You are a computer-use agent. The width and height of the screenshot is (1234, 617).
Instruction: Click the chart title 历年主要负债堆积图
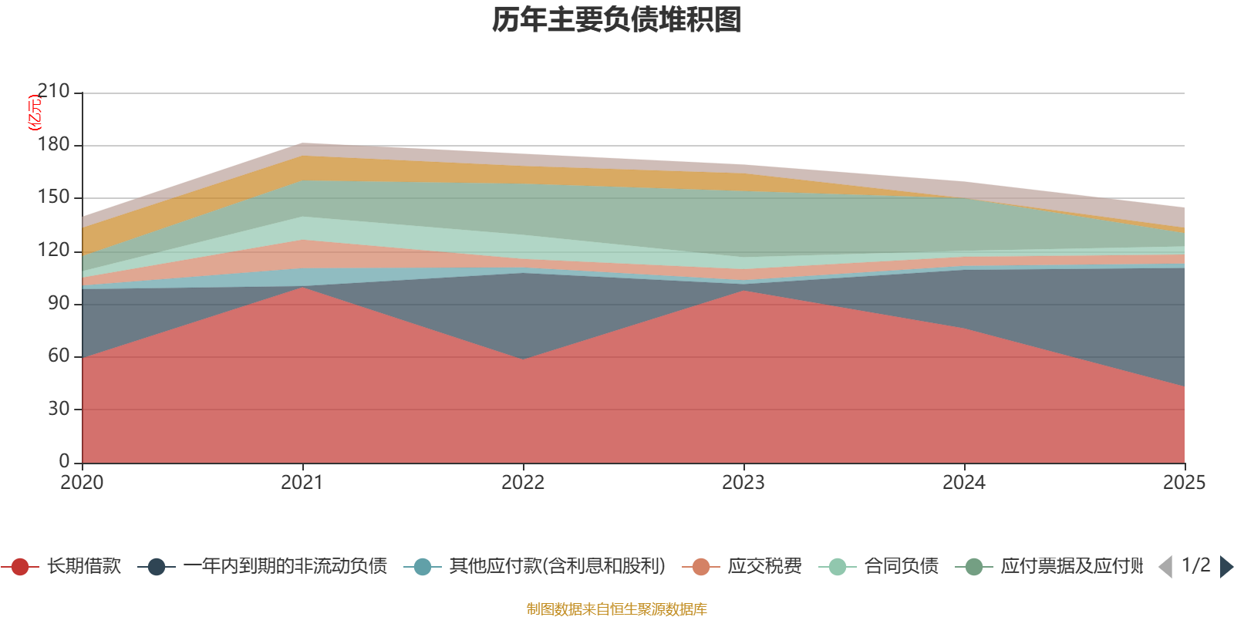pos(617,20)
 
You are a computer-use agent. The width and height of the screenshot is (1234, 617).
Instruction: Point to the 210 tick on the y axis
pos(53,92)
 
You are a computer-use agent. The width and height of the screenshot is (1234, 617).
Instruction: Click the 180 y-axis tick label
pos(53,145)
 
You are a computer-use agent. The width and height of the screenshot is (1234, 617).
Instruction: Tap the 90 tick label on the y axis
pos(59,304)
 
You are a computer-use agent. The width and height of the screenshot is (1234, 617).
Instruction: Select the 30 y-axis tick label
pos(59,409)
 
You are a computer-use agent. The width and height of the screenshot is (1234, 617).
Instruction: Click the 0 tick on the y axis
pos(64,461)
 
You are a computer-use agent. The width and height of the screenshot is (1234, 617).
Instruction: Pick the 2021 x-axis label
pos(302,483)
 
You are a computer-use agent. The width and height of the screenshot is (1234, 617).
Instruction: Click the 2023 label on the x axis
pos(743,483)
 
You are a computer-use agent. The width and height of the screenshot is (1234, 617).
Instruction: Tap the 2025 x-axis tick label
pos(1184,483)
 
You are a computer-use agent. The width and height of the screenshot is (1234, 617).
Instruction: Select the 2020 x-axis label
pos(82,483)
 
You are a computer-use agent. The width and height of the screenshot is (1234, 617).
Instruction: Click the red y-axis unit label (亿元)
pos(35,113)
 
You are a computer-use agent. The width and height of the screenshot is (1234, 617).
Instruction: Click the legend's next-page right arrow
pos(1226,567)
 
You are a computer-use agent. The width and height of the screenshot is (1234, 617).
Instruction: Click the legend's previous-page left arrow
pos(1165,567)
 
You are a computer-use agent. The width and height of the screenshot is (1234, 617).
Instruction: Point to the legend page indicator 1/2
pos(1195,565)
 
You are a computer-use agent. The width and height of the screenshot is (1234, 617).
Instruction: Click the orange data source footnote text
pos(617,609)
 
